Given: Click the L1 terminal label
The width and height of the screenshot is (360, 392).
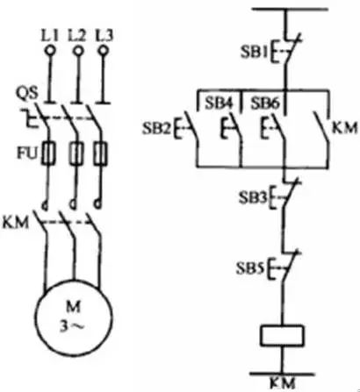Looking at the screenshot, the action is click(x=49, y=36).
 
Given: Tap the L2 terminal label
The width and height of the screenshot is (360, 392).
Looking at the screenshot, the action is click(x=76, y=36).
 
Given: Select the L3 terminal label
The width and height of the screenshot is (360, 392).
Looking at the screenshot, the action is click(x=104, y=36).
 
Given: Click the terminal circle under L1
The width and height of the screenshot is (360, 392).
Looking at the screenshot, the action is click(x=50, y=51).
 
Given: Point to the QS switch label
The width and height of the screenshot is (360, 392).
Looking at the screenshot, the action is click(x=27, y=94).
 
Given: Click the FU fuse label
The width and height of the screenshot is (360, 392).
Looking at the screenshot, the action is click(x=27, y=153).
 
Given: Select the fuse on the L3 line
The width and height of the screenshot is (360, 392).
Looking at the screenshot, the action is click(x=101, y=153).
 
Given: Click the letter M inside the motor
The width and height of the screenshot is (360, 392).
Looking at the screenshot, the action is click(x=73, y=308).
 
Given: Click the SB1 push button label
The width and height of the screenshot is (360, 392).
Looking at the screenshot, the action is click(x=255, y=53).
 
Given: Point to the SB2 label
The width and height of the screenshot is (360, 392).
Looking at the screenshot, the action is click(x=156, y=128).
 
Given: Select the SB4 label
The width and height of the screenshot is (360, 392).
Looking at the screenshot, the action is click(x=219, y=103).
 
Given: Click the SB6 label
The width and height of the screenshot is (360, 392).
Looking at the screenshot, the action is click(x=265, y=103).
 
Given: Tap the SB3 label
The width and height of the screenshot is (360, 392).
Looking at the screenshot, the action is click(x=253, y=198).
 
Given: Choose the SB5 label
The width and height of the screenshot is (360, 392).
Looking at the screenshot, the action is click(x=250, y=268).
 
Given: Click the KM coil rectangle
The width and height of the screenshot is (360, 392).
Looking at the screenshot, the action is click(x=282, y=336).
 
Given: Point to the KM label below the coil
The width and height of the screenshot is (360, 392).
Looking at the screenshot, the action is click(x=282, y=383).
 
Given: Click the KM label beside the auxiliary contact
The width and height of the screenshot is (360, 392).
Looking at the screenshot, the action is click(x=345, y=128).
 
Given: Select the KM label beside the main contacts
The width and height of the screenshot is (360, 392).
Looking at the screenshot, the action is click(x=16, y=223).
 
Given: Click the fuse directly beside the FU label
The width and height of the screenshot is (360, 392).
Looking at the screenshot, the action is click(x=48, y=153).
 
